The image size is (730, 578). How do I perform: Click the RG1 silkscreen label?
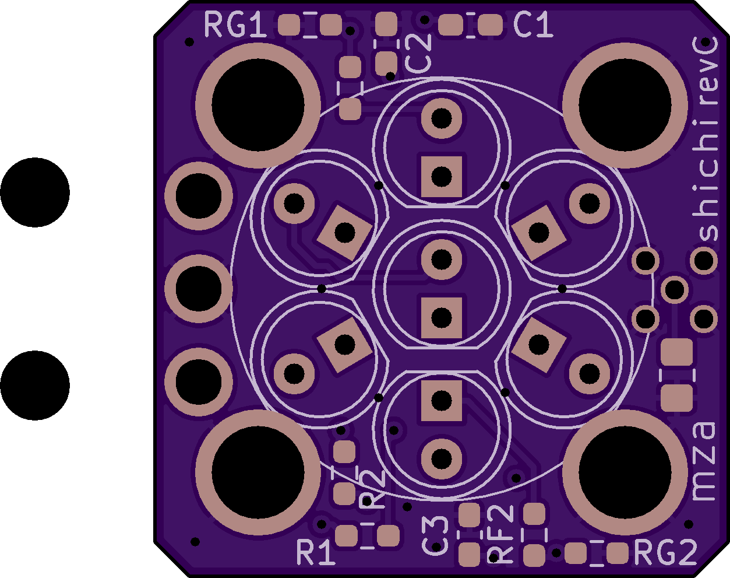235,24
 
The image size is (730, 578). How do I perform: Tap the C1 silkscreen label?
533,24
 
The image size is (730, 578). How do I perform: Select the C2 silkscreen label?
418,54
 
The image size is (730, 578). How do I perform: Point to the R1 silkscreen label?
316,553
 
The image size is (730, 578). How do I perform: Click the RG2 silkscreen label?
665,553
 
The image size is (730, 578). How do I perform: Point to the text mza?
704,462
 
